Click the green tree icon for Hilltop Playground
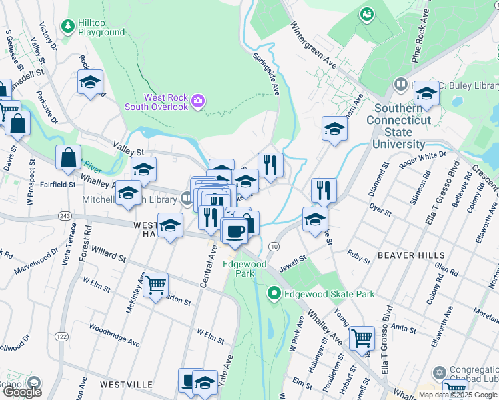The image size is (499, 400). tap(67, 26)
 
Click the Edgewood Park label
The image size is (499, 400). tap(244, 269)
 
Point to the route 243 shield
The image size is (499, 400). tap(65, 216)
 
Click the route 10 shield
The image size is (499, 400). tap(274, 247)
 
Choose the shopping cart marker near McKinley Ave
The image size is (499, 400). tap(156, 285)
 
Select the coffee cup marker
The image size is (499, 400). tap(234, 231)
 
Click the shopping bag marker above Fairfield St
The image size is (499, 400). tap(68, 158)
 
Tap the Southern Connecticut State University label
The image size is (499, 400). tap(399, 126)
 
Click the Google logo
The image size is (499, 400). tap(21, 391)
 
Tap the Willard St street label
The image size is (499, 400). tap(109, 256)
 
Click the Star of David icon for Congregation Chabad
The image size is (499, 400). tap(438, 372)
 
